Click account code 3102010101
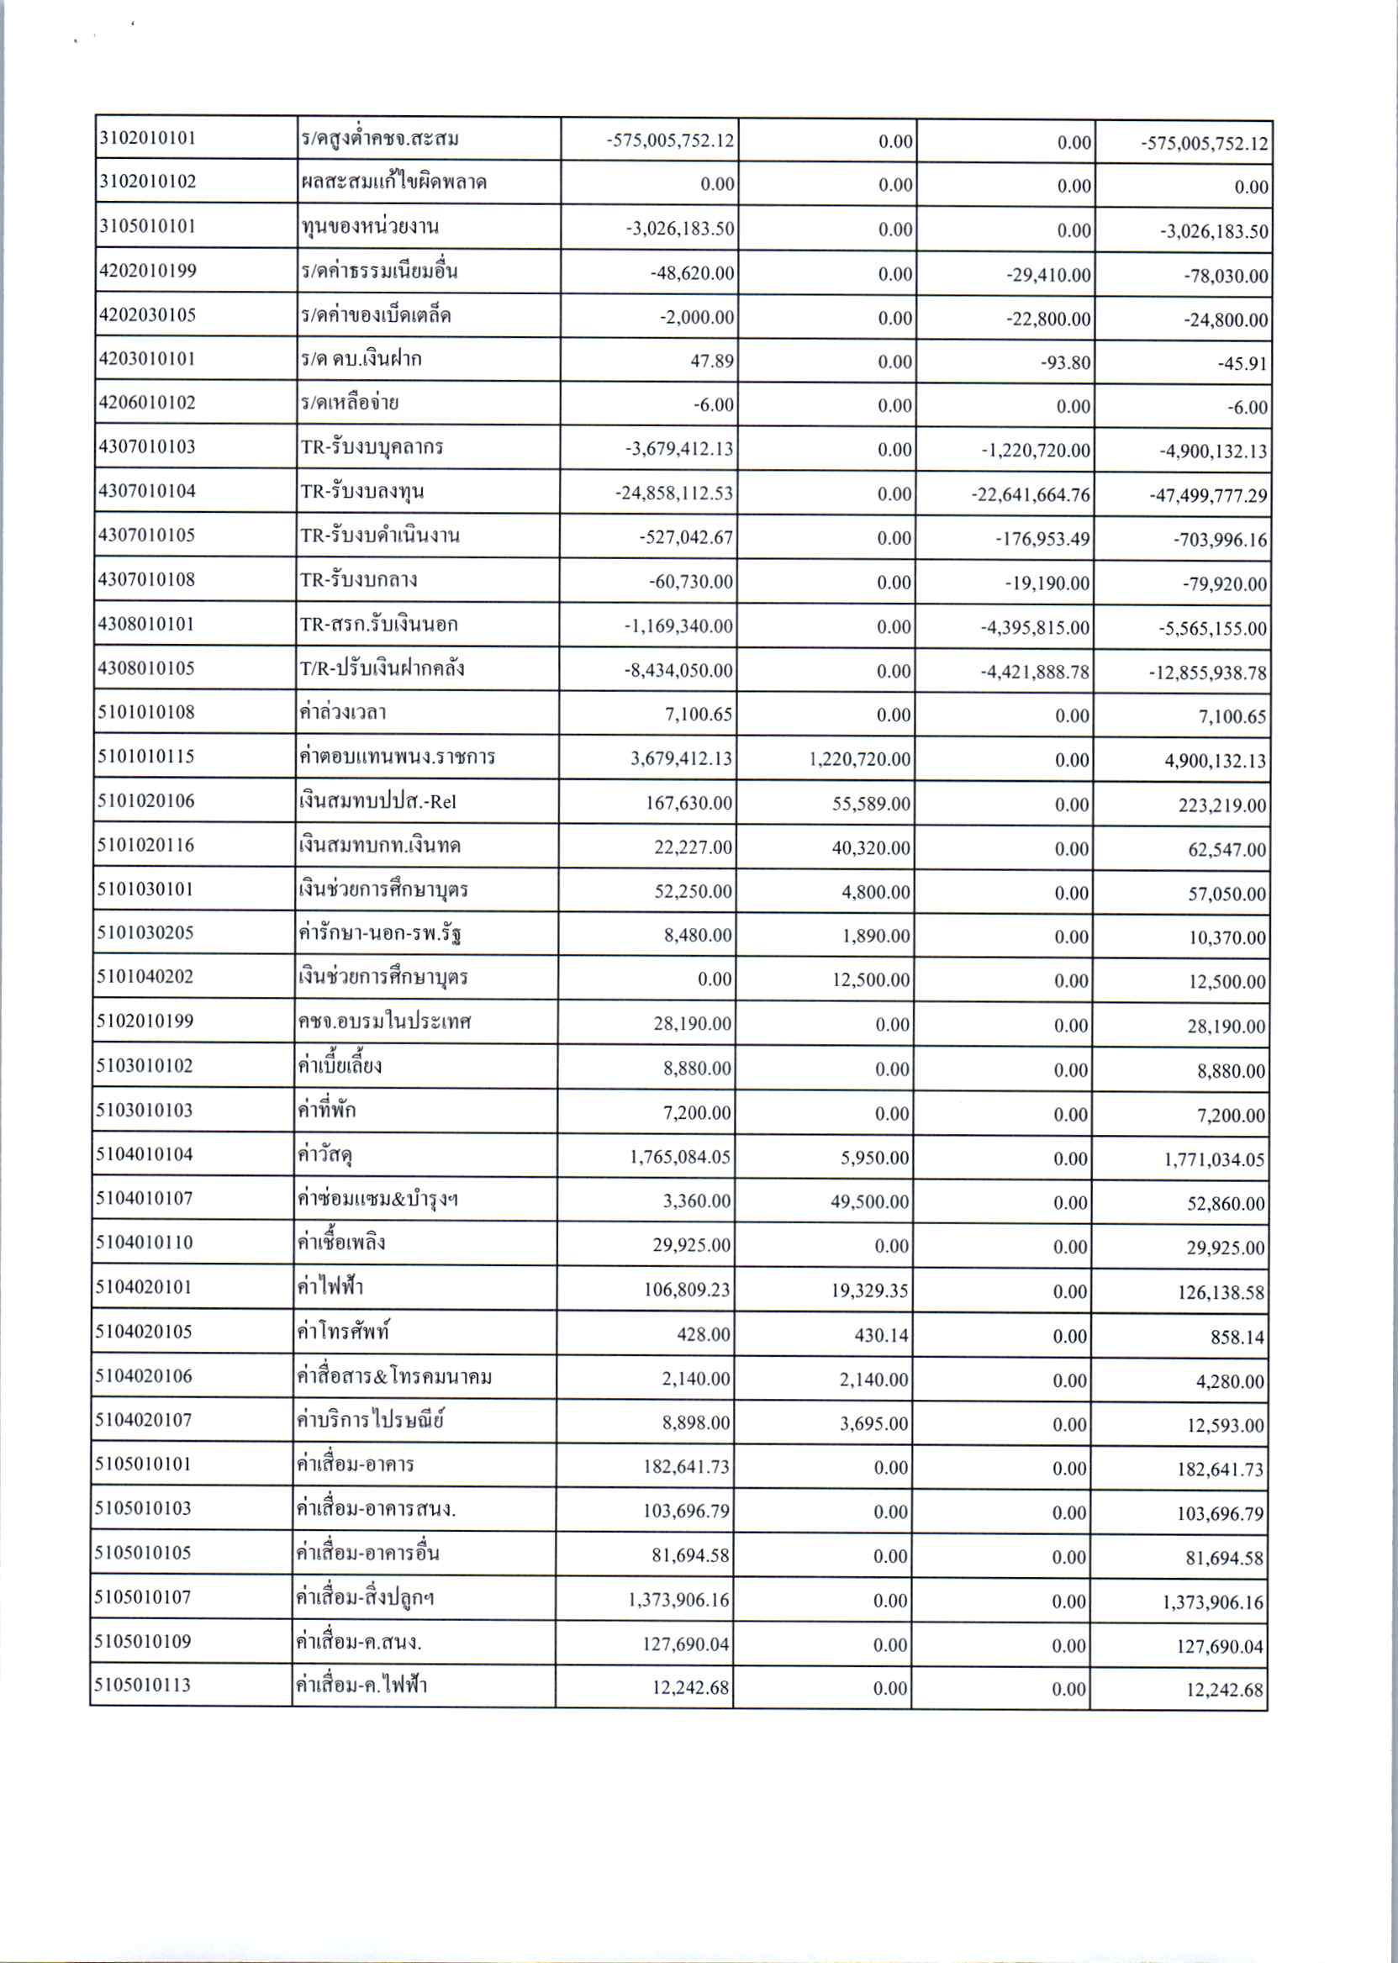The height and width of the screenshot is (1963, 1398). (x=147, y=138)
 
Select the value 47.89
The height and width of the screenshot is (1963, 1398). (x=712, y=361)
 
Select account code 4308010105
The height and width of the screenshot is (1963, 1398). (x=146, y=668)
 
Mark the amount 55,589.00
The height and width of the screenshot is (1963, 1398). (x=869, y=804)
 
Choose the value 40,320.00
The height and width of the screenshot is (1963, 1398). (x=869, y=848)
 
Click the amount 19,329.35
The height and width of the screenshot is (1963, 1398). (x=869, y=1290)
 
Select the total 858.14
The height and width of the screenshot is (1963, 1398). (x=1237, y=1337)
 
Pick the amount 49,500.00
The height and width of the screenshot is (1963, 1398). (x=869, y=1202)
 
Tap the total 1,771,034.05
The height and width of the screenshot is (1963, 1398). (x=1215, y=1159)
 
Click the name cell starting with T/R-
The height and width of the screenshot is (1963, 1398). (x=382, y=668)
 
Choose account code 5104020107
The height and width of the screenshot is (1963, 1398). (x=144, y=1420)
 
